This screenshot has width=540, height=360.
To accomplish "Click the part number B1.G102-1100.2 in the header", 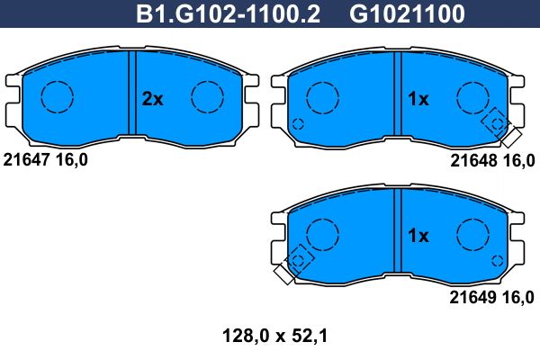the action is click(x=228, y=13).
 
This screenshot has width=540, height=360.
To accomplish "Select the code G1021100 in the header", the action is click(x=407, y=13).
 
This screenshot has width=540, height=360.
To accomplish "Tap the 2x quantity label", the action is click(x=152, y=99).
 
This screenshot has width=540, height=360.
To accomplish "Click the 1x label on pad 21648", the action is click(x=418, y=99).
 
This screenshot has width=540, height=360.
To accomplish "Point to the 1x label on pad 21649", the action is click(x=418, y=236).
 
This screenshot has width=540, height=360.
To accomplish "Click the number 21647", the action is click(x=27, y=160).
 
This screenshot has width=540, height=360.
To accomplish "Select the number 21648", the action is click(x=474, y=160).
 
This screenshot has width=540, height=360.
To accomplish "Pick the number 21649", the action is click(x=472, y=297).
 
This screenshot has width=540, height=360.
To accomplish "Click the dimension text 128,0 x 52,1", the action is click(x=274, y=336).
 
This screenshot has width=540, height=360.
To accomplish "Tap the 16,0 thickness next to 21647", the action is click(x=72, y=160).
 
